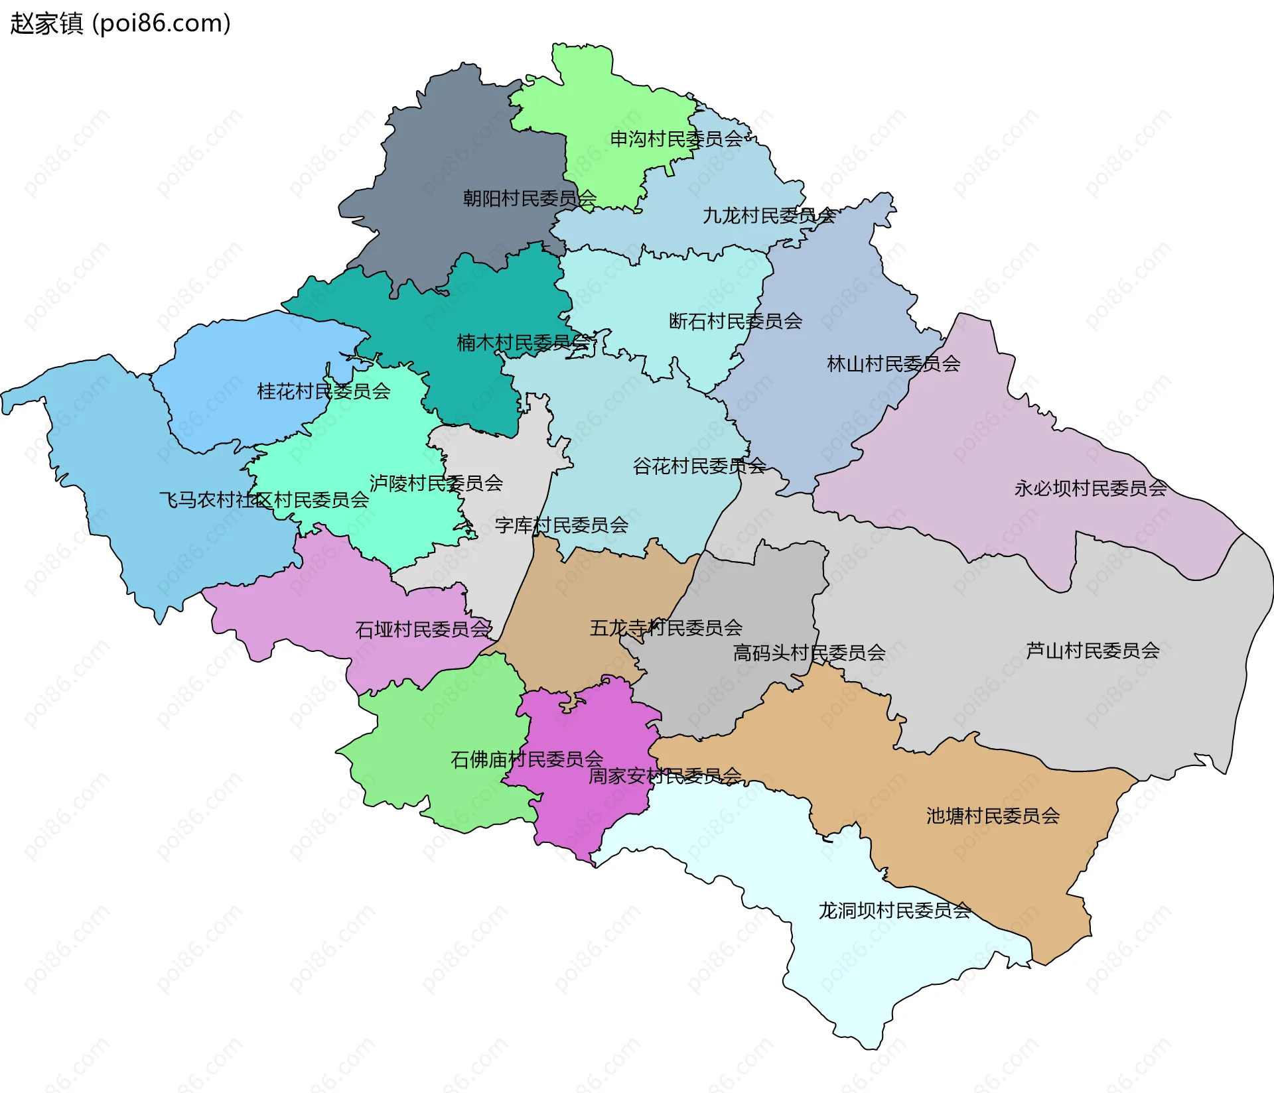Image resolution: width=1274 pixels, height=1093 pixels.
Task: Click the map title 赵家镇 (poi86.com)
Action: coord(120,23)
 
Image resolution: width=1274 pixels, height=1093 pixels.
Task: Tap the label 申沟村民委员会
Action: coord(676,139)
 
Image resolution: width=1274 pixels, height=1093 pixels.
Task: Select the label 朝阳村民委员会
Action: coord(530,198)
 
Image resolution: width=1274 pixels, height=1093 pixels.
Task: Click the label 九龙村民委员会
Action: coord(769,216)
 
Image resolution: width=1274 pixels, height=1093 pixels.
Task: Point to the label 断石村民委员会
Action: coord(735,321)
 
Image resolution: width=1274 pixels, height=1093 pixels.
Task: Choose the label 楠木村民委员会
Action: coord(523,343)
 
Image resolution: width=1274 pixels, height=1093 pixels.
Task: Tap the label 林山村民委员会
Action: coord(893,363)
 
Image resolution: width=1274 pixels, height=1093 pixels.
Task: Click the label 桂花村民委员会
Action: coord(323,391)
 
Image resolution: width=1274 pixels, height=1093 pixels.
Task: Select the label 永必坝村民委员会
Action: coord(1090,488)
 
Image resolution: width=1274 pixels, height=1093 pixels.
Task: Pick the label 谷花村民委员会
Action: coord(699,466)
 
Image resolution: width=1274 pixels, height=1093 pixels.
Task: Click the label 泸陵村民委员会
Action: coord(436,483)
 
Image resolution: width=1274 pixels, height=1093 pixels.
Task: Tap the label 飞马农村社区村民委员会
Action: coord(263,499)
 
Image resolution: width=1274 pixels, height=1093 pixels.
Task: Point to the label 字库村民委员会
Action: coord(561,525)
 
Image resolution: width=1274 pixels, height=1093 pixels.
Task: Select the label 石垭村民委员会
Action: coord(423,629)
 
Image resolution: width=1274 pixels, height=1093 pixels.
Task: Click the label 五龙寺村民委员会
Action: coord(666,627)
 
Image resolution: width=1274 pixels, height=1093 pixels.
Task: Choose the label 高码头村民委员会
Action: coord(809,653)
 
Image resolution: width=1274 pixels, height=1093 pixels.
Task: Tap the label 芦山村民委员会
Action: coord(1092,651)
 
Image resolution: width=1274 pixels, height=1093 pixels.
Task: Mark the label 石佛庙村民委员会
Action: coord(527,759)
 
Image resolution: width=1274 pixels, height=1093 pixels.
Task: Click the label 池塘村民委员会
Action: coord(993,816)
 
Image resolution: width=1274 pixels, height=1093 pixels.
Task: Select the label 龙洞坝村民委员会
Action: coord(894,911)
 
